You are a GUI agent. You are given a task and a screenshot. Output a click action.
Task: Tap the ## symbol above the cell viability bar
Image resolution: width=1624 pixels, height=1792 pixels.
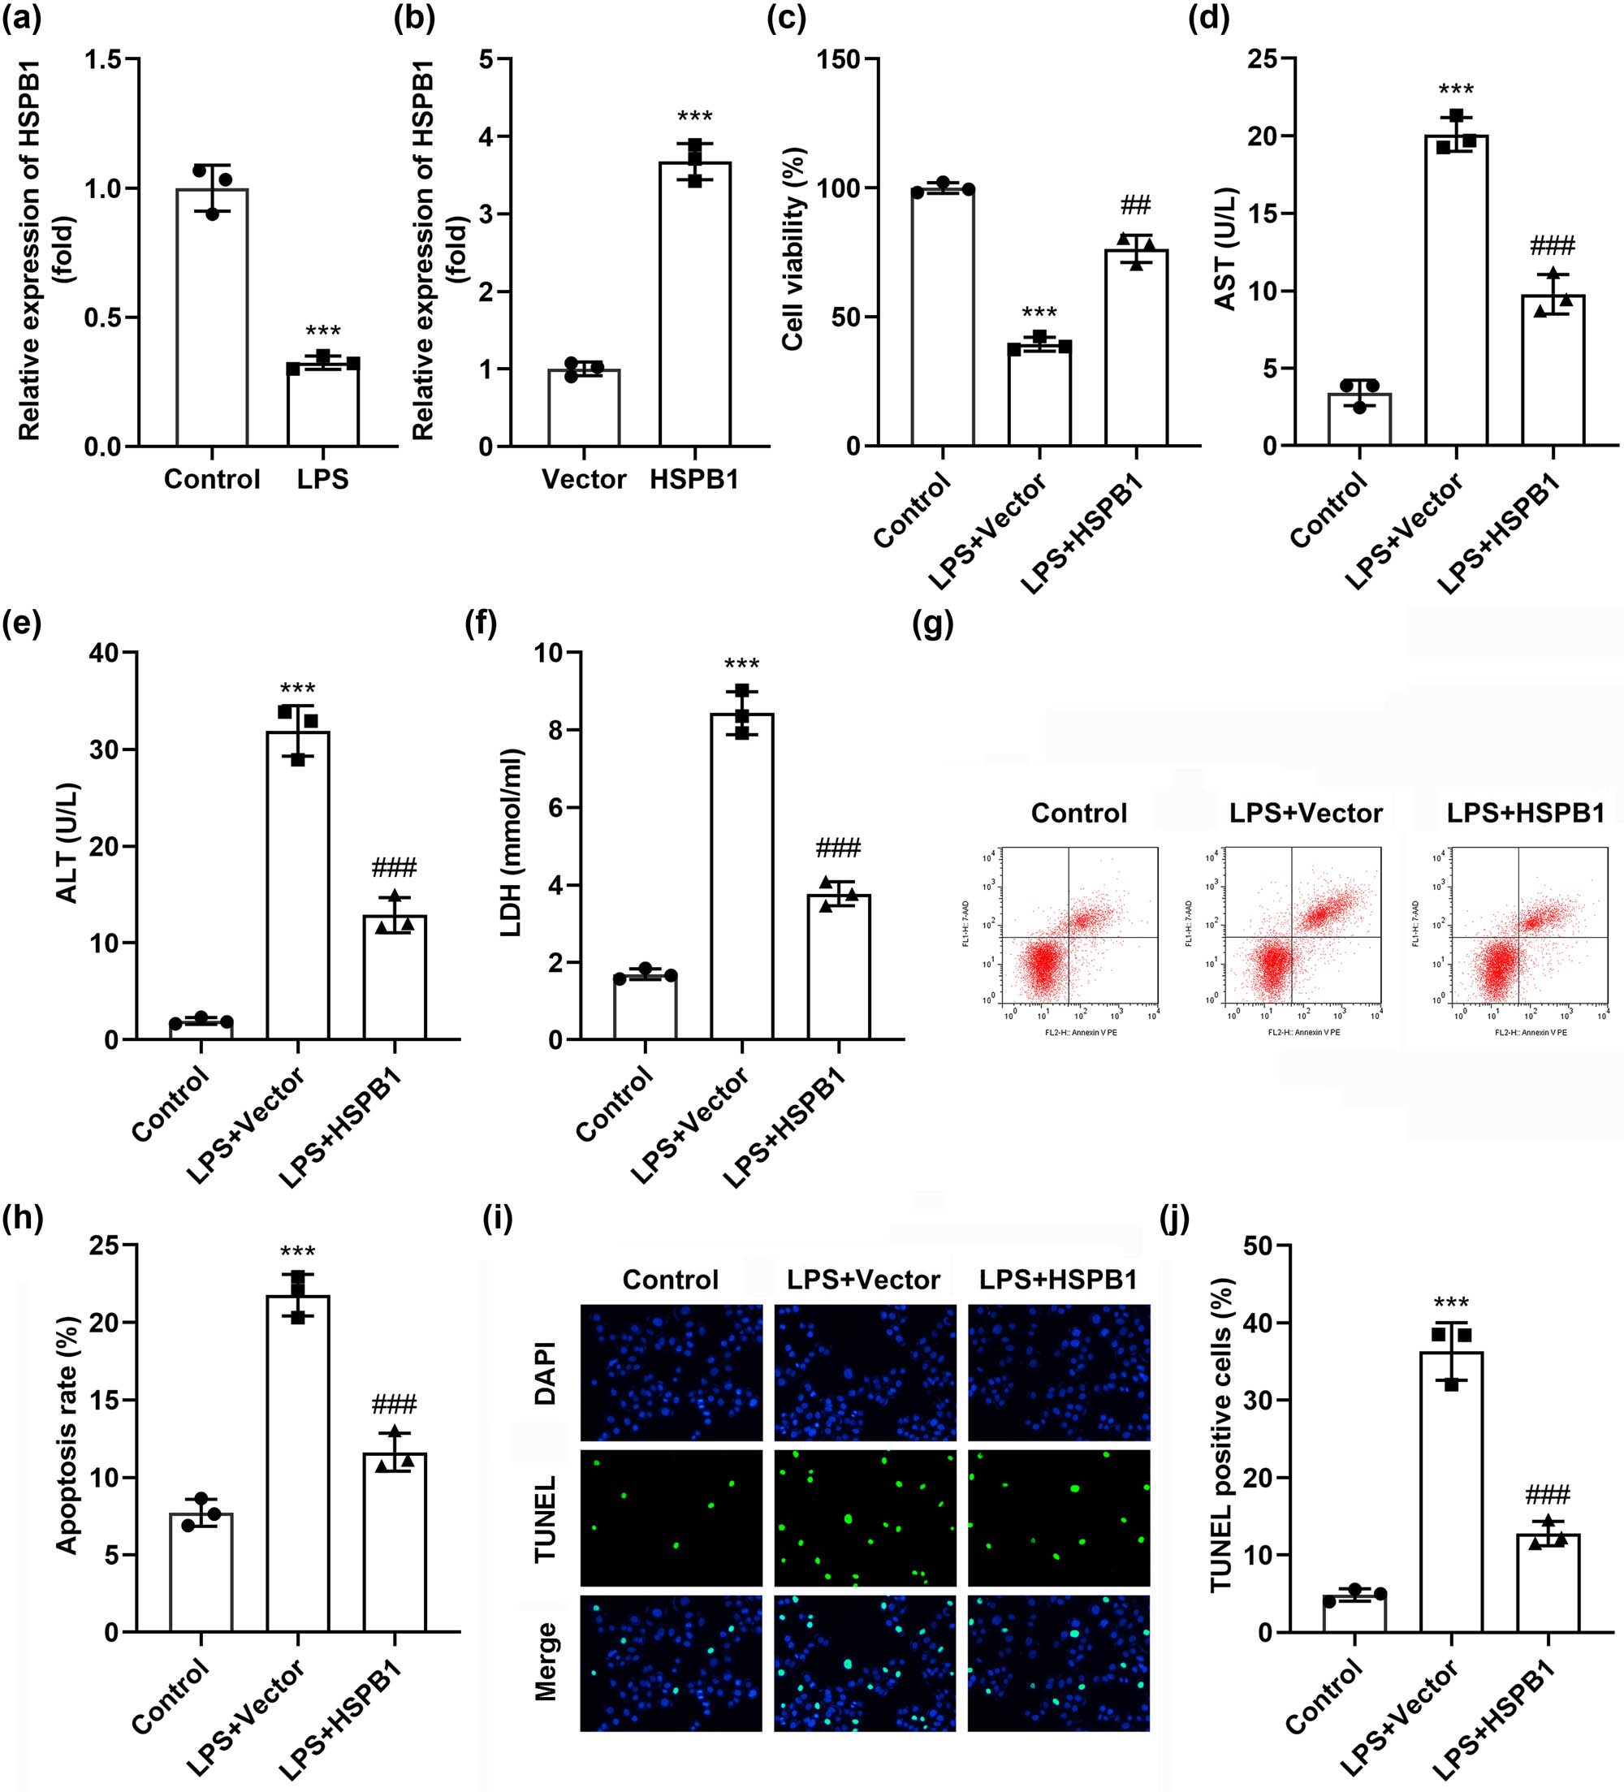tap(1135, 206)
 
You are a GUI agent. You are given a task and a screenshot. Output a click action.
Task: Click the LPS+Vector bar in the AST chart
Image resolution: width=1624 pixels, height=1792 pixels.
tap(1455, 293)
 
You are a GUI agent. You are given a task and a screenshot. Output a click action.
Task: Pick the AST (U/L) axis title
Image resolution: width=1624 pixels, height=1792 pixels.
tap(1227, 249)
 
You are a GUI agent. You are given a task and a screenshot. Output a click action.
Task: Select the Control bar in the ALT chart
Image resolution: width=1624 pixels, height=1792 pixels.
tap(201, 1030)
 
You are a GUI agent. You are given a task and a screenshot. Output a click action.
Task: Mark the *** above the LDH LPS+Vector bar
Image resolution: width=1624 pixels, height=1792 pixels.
tap(741, 664)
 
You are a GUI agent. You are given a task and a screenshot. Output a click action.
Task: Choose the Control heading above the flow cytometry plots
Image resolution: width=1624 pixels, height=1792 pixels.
tap(1078, 813)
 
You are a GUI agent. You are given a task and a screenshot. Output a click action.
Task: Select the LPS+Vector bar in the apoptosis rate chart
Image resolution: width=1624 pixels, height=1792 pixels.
tap(298, 1466)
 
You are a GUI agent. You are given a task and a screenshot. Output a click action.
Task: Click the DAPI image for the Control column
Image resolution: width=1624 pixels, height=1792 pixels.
tap(671, 1371)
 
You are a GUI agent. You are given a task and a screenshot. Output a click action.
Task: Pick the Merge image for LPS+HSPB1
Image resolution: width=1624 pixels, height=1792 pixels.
tap(1058, 1662)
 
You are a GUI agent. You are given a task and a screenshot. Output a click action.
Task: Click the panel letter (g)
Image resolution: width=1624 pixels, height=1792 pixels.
tap(932, 624)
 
